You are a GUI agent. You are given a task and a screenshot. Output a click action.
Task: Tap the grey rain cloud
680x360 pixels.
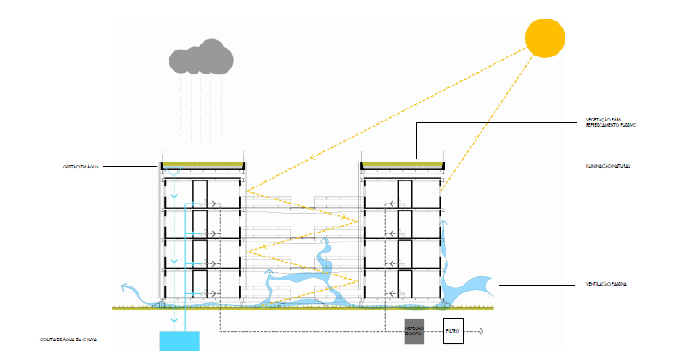[201, 56]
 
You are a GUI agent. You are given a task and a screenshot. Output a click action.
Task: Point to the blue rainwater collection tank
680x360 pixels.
[180, 340]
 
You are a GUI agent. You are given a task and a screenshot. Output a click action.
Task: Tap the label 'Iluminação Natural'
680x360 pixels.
[608, 166]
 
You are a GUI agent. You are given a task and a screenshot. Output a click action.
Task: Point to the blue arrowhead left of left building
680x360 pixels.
[125, 287]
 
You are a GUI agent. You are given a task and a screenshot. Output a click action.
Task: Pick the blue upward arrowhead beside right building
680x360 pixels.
[442, 221]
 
